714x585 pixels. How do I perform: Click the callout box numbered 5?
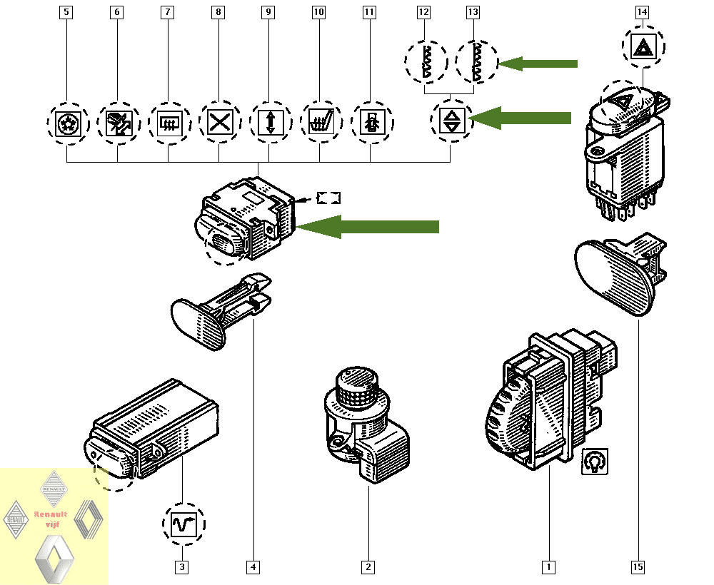click(x=66, y=12)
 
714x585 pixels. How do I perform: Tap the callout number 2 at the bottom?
click(x=368, y=567)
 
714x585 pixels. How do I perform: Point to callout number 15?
click(x=638, y=567)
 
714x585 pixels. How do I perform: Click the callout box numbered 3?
click(x=183, y=567)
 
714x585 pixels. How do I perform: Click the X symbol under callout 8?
click(x=218, y=122)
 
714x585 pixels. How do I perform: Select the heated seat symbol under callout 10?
click(x=319, y=122)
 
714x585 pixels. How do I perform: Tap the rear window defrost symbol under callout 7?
click(x=169, y=122)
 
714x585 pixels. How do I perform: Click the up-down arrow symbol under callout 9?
click(x=269, y=122)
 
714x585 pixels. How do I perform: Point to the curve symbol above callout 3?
click(x=183, y=525)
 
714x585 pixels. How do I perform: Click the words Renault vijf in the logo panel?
click(x=51, y=519)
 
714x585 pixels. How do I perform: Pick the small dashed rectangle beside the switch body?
click(x=329, y=198)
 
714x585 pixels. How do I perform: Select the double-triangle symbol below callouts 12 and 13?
click(x=451, y=121)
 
